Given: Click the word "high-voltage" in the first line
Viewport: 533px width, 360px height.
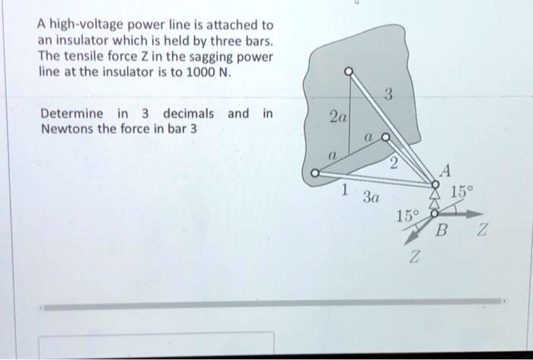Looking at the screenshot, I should (x=93, y=24).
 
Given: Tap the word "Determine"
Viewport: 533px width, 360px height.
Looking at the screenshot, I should (x=72, y=114).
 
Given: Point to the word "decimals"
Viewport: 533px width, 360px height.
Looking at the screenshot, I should (x=187, y=114).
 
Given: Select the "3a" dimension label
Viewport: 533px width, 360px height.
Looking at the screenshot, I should (x=371, y=199).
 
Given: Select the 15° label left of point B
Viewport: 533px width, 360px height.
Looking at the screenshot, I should (x=406, y=215).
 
